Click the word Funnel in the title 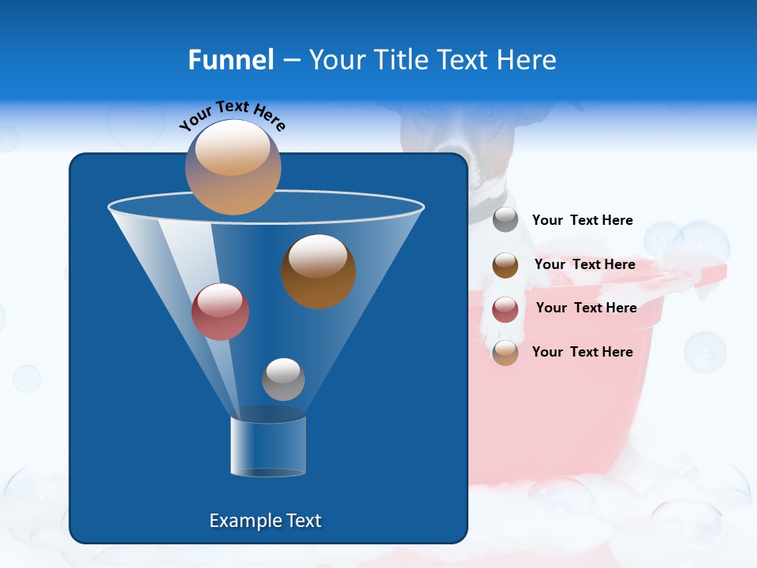[230, 60]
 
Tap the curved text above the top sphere [232, 114]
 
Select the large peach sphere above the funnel [233, 167]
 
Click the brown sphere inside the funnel [319, 271]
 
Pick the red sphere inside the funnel [221, 312]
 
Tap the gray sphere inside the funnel [283, 379]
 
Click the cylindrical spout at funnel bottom [268, 446]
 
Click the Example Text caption [265, 521]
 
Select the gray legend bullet [505, 220]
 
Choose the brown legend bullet [505, 265]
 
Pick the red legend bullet [505, 309]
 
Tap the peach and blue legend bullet [505, 353]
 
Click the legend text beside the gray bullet [582, 221]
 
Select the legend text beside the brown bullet [584, 264]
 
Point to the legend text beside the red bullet [586, 308]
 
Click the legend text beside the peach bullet [582, 352]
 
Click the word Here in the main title [527, 60]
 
